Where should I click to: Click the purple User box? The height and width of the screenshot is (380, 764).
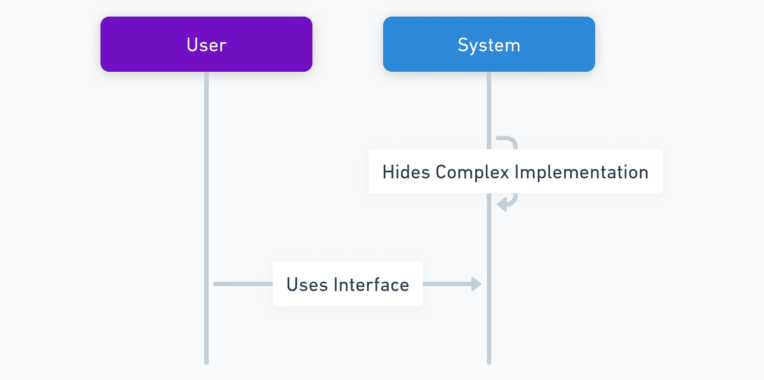[x=206, y=44]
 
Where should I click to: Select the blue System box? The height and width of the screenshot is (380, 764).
[x=489, y=44]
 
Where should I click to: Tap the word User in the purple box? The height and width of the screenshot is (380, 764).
[x=206, y=45]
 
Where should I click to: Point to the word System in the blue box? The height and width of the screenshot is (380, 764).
[x=489, y=45]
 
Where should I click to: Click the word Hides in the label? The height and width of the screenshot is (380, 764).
[x=406, y=172]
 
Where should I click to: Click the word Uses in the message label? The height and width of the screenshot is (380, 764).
[x=307, y=284]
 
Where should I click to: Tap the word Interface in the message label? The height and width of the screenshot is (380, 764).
[x=372, y=284]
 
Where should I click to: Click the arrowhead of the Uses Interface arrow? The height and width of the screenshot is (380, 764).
[x=476, y=284]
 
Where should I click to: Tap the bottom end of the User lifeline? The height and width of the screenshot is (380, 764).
[x=206, y=363]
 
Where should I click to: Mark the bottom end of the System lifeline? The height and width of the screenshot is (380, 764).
[x=489, y=363]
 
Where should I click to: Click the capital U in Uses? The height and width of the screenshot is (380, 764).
[x=292, y=284]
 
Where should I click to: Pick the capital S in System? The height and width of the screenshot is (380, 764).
[x=463, y=45]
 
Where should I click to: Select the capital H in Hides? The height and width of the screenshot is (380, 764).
[x=388, y=172]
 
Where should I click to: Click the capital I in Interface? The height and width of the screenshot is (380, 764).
[x=336, y=284]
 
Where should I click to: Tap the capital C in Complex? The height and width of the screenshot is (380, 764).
[x=442, y=172]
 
